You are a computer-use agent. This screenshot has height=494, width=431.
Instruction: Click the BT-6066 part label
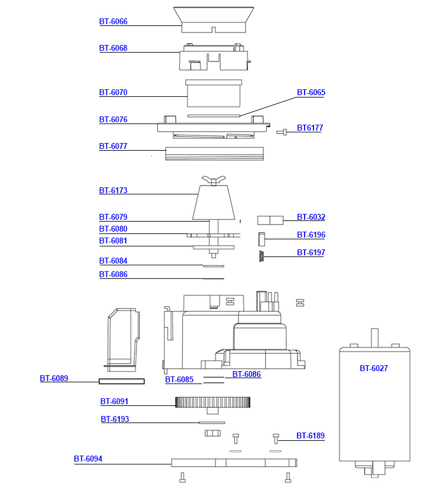(x=113, y=22)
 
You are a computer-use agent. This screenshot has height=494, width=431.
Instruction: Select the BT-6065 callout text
(x=311, y=93)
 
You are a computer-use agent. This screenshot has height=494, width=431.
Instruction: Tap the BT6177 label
(x=309, y=128)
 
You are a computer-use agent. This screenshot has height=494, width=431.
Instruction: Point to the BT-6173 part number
(x=113, y=191)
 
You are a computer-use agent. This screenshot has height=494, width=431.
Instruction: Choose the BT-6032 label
(x=311, y=217)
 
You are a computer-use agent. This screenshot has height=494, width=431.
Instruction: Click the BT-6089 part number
(x=54, y=379)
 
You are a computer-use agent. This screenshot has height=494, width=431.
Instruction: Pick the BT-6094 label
(x=87, y=459)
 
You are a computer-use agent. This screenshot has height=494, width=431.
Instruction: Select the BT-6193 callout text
(x=115, y=420)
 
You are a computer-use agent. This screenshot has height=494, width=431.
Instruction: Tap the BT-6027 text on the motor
(x=374, y=368)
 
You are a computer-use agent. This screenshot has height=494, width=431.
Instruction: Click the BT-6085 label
(x=179, y=380)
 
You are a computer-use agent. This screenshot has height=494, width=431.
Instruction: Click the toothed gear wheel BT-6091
(x=213, y=402)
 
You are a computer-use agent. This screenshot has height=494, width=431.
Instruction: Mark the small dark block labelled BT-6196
(x=263, y=238)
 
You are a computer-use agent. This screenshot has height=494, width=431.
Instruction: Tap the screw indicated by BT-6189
(x=276, y=438)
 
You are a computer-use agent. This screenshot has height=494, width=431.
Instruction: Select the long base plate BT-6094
(x=234, y=463)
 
